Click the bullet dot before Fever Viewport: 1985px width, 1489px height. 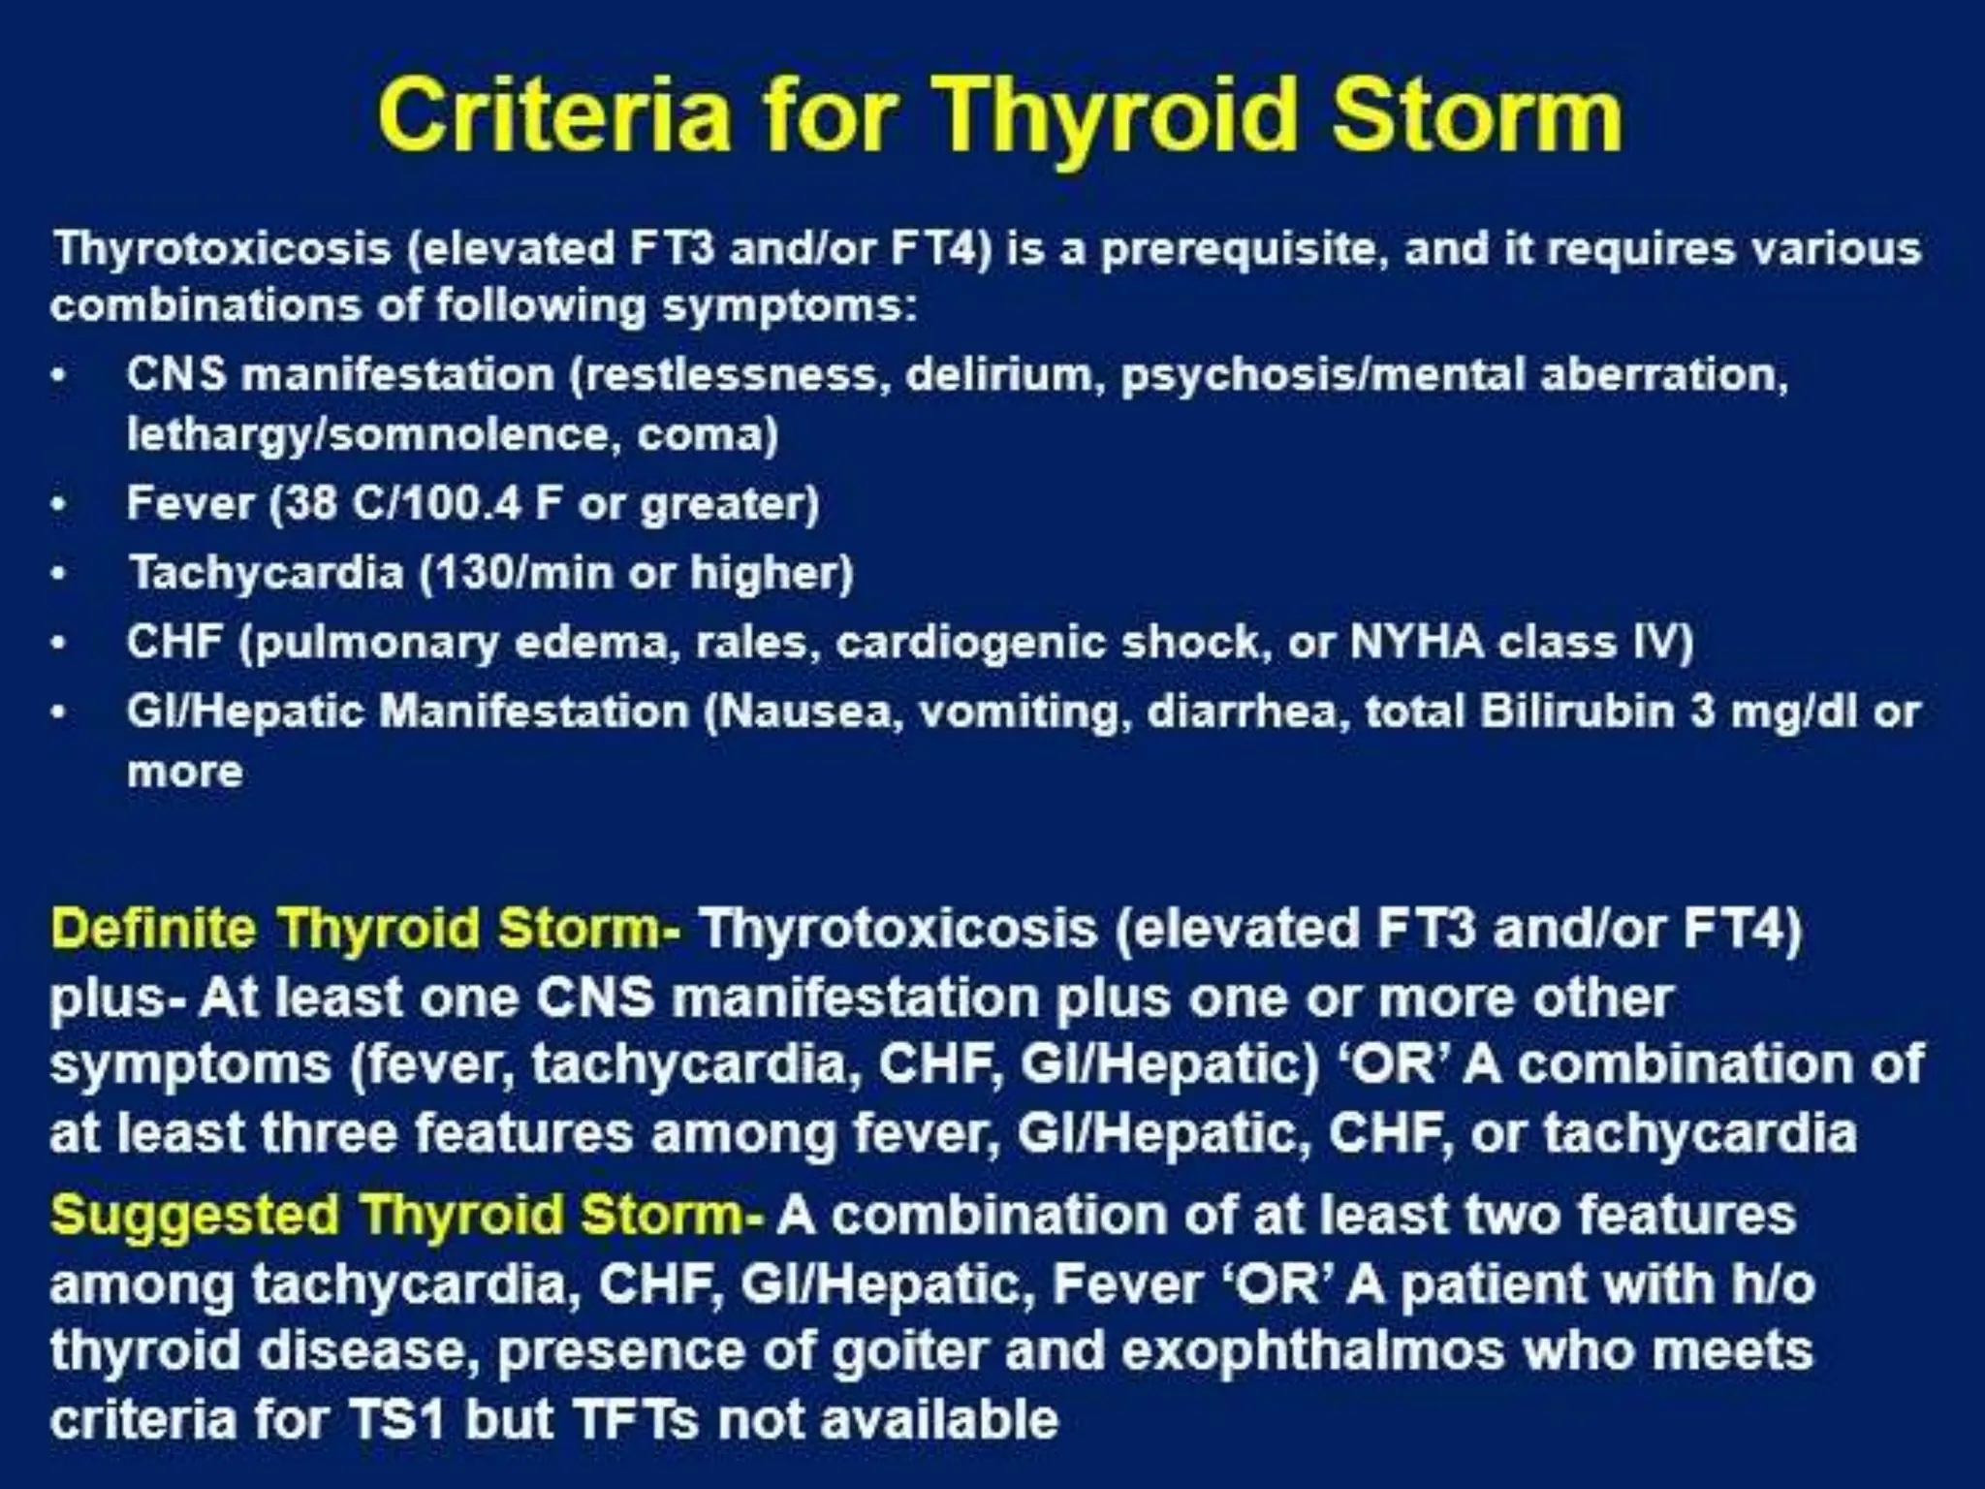pos(60,505)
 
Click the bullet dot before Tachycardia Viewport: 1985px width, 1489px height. pos(60,574)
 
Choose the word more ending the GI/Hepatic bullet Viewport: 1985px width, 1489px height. pos(184,773)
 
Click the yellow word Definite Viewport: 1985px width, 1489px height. pos(154,929)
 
